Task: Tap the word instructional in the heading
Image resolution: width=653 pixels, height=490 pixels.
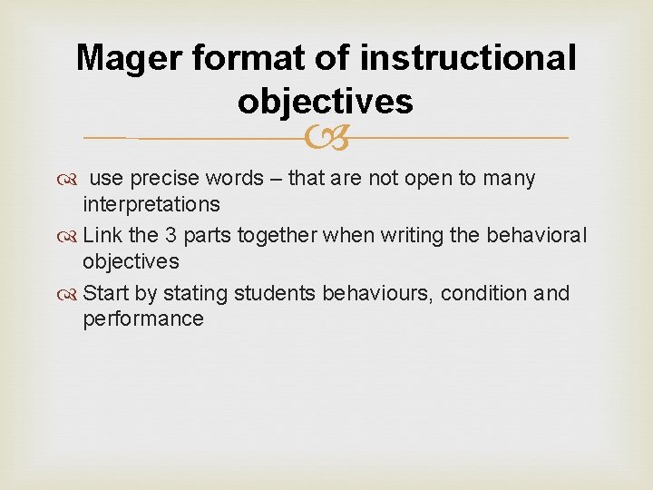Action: point(467,58)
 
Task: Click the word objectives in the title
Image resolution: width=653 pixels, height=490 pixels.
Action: point(326,102)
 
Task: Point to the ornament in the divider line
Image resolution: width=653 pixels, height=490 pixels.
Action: point(326,139)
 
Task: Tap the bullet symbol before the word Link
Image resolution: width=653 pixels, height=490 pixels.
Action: point(70,236)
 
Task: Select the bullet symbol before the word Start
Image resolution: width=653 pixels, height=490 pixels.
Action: point(70,294)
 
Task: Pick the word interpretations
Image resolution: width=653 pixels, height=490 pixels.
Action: point(151,204)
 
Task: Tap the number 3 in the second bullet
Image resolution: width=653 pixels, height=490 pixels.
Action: point(171,235)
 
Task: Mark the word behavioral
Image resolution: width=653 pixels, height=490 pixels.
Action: point(539,235)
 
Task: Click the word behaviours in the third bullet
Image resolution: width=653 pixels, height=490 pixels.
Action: point(366,293)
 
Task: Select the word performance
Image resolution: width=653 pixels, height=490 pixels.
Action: point(143,318)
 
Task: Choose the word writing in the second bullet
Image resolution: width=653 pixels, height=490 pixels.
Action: point(413,235)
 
